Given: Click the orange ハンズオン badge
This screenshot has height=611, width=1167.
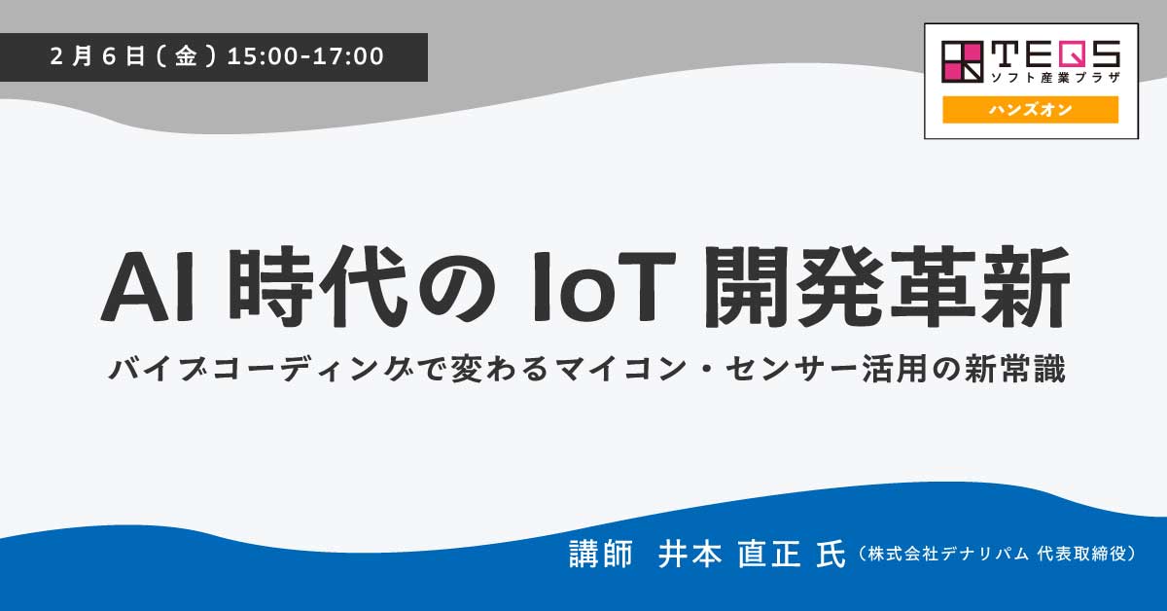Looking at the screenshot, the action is click(1030, 110).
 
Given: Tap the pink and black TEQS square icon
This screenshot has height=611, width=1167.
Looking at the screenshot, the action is click(962, 62).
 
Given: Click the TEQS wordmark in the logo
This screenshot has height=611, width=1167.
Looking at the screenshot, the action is click(1055, 54).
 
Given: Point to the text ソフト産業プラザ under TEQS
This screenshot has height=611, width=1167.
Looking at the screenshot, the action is click(1055, 77).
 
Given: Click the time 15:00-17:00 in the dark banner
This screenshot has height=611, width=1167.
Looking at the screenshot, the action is click(305, 56).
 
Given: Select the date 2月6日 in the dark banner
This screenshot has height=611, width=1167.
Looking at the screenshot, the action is click(97, 56).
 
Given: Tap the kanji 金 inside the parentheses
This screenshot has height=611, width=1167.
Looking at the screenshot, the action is click(186, 56).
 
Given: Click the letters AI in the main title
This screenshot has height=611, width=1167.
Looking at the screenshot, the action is click(148, 287).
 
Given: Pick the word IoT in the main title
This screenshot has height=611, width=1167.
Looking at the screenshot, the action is click(604, 287).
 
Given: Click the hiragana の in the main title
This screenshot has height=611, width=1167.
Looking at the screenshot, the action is click(457, 288).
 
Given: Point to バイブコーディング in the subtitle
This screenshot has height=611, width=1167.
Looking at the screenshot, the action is click(261, 369).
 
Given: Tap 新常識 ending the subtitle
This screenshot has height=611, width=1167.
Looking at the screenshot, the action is click(1015, 369).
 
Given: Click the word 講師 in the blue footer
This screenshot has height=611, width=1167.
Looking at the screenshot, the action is click(601, 554).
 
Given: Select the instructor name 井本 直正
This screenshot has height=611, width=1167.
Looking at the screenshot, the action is click(729, 554).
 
